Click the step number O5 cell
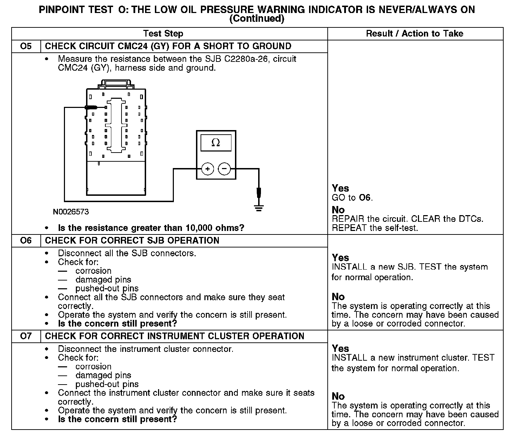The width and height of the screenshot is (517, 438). pos(26,46)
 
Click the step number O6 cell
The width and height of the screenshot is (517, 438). pos(26,241)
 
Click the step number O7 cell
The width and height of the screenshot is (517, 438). pos(26,336)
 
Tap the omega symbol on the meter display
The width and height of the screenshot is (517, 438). pos(216,143)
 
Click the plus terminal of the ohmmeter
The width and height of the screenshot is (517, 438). pos(208,169)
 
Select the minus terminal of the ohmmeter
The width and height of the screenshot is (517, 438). pos(224,169)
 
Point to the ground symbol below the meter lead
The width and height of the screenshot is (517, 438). pos(259,208)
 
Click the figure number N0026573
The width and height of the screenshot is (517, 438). pos(71,212)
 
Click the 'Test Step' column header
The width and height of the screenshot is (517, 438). pos(163,34)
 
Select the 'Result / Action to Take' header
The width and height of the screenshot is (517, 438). pos(414,34)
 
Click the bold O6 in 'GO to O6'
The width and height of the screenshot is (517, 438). pos(365,198)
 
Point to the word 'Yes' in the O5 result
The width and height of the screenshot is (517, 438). pos(340,188)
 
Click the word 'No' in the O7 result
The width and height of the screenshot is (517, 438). pos(338,397)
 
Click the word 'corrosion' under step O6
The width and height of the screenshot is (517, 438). pos(93,271)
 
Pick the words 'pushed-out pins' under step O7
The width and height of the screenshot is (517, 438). pos(107,384)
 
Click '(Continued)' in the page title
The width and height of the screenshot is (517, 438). pos(256,19)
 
